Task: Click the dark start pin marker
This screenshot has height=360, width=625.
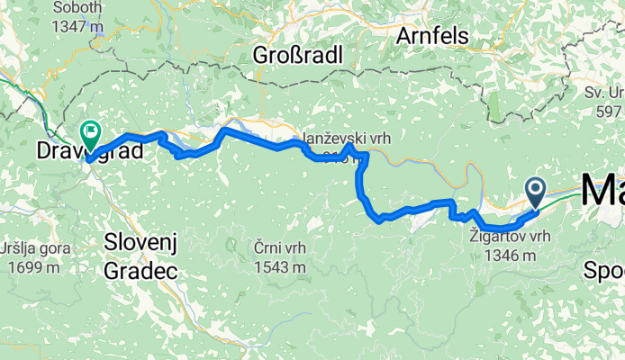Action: coord(535,190)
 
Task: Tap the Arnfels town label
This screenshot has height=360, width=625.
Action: coord(435,37)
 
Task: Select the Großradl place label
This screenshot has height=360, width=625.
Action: coord(297,55)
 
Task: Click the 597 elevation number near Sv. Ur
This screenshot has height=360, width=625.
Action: coord(613,111)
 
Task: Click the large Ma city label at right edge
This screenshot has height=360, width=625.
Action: coord(602,192)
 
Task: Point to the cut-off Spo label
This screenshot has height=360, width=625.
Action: coord(603,270)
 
